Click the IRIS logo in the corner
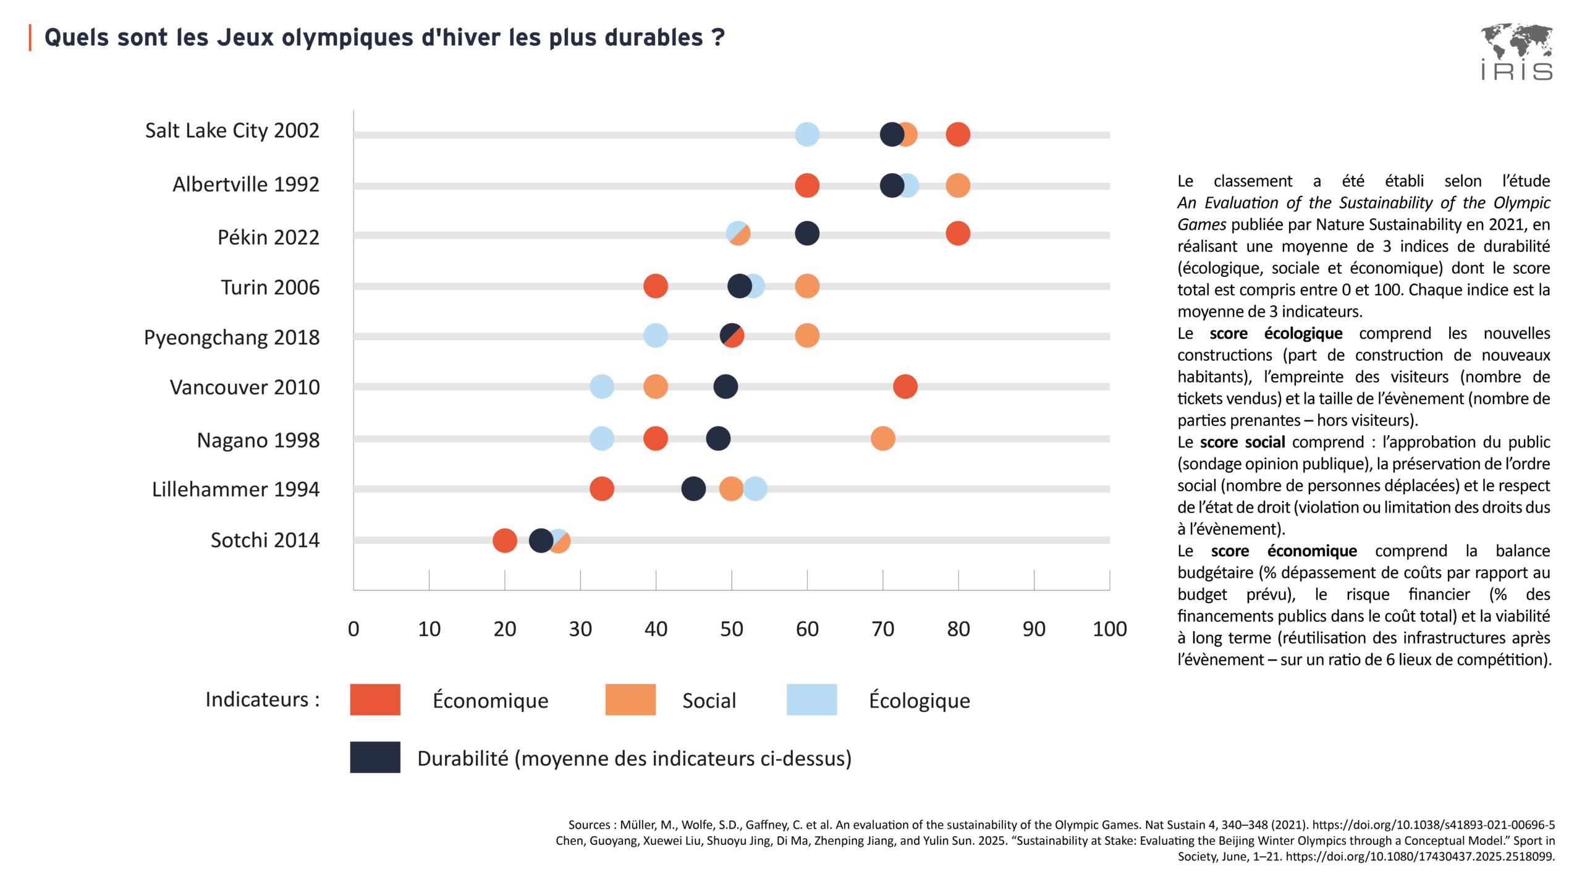pyautogui.click(x=1516, y=53)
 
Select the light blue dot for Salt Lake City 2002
pyautogui.click(x=807, y=134)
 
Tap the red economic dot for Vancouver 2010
pyautogui.click(x=905, y=387)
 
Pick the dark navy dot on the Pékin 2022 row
pyautogui.click(x=807, y=234)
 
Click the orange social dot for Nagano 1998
pyautogui.click(x=882, y=439)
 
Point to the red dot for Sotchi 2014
pyautogui.click(x=504, y=541)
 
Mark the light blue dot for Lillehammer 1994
pyautogui.click(x=755, y=489)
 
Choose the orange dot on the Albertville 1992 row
pyautogui.click(x=958, y=185)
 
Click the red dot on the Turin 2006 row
pyautogui.click(x=655, y=286)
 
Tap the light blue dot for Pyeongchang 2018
pyautogui.click(x=655, y=336)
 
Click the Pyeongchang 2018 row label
pyautogui.click(x=232, y=337)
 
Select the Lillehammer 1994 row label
pyautogui.click(x=235, y=489)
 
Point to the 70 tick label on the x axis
pyautogui.click(x=882, y=629)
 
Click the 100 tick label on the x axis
pyautogui.click(x=1109, y=629)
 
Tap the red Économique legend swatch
pyautogui.click(x=375, y=700)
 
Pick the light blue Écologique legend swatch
pyautogui.click(x=811, y=700)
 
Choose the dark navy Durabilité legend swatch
pyautogui.click(x=375, y=757)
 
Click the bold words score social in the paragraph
pyautogui.click(x=1242, y=443)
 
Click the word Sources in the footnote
pyautogui.click(x=589, y=825)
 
